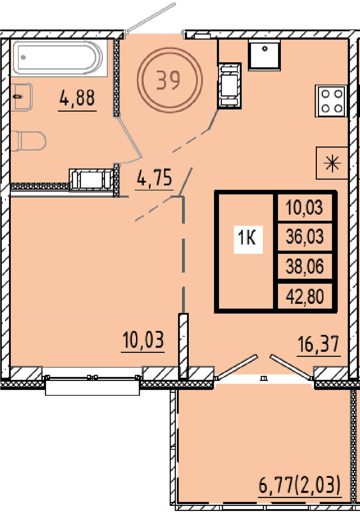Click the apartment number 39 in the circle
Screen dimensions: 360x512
pyautogui.click(x=168, y=80)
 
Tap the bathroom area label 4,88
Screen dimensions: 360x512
pyautogui.click(x=77, y=98)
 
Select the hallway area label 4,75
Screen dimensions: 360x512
pyautogui.click(x=154, y=177)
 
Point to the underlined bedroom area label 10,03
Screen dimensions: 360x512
pyautogui.click(x=143, y=340)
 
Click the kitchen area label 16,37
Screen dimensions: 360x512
pyautogui.click(x=319, y=344)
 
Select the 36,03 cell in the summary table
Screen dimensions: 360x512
pyautogui.click(x=305, y=236)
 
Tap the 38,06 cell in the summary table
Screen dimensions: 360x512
pyautogui.click(x=305, y=266)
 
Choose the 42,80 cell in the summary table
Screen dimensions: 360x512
pyautogui.click(x=305, y=296)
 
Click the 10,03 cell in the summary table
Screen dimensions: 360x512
pyautogui.click(x=304, y=207)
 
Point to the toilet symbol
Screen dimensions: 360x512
pyautogui.click(x=28, y=141)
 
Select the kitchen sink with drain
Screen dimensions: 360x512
pyautogui.click(x=265, y=55)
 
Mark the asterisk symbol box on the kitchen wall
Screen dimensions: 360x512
pyautogui.click(x=332, y=163)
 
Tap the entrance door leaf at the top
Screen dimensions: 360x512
pyautogui.click(x=151, y=18)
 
